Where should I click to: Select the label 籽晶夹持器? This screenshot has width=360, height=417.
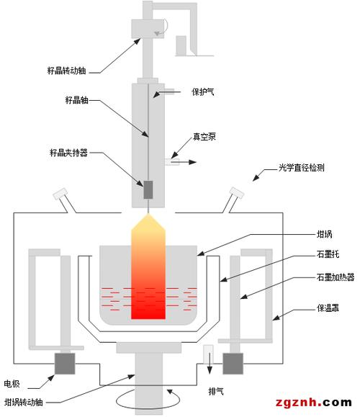point(68,153)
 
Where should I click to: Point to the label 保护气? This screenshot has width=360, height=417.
point(202,92)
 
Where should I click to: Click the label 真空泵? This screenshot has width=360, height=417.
point(204,136)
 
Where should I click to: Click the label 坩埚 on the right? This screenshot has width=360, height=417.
point(325,233)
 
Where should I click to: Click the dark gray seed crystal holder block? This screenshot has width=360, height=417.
point(149,190)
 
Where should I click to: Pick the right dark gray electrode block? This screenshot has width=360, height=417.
point(234,364)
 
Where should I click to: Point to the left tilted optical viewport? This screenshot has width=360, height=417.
point(60,195)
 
